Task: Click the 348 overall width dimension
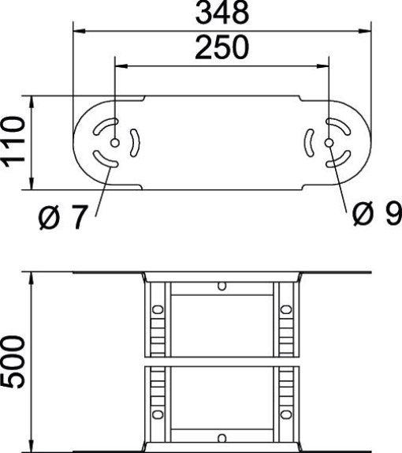223,13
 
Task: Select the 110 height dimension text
15,143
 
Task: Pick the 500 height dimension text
15,361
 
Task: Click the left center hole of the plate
116,143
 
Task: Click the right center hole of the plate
329,143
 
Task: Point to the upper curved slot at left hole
106,125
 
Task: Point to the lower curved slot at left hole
106,160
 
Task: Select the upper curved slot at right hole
340,125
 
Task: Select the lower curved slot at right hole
340,160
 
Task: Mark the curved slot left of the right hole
310,143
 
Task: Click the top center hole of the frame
222,285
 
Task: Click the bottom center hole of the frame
222,438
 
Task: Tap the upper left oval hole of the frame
158,309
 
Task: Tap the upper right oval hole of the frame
287,309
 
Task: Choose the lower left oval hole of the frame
158,413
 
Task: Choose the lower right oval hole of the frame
287,413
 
